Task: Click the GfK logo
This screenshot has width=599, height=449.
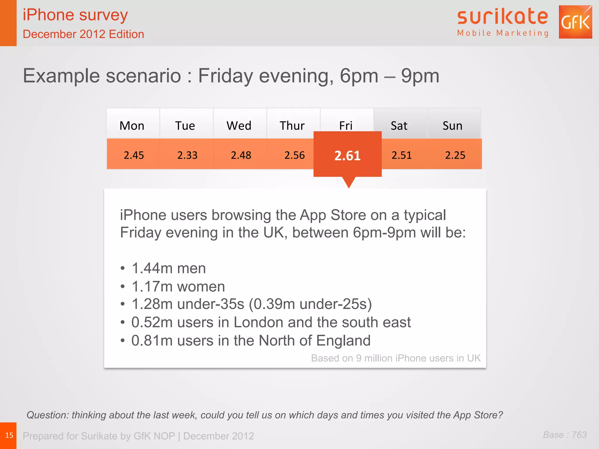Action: point(575,22)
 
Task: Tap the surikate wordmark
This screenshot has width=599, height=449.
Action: point(502,17)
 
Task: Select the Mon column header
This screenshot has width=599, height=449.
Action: point(132,126)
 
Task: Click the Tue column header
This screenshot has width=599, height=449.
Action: point(185,126)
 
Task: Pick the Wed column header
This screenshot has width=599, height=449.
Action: point(239,126)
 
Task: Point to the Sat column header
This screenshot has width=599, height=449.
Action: point(399,126)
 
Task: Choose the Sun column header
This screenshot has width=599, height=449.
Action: point(452,126)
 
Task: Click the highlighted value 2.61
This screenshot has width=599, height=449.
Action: point(347,156)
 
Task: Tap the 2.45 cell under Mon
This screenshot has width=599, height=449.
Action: point(134,155)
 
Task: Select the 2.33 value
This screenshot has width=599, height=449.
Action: point(187,155)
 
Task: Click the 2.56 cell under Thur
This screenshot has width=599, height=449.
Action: point(295,155)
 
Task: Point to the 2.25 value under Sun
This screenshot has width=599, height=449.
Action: point(455,155)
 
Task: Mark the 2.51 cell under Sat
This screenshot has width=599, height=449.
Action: point(402,155)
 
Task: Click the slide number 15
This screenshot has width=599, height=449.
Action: point(9,435)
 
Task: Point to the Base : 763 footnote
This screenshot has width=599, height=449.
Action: point(565,435)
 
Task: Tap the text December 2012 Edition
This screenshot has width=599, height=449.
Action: point(83,34)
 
